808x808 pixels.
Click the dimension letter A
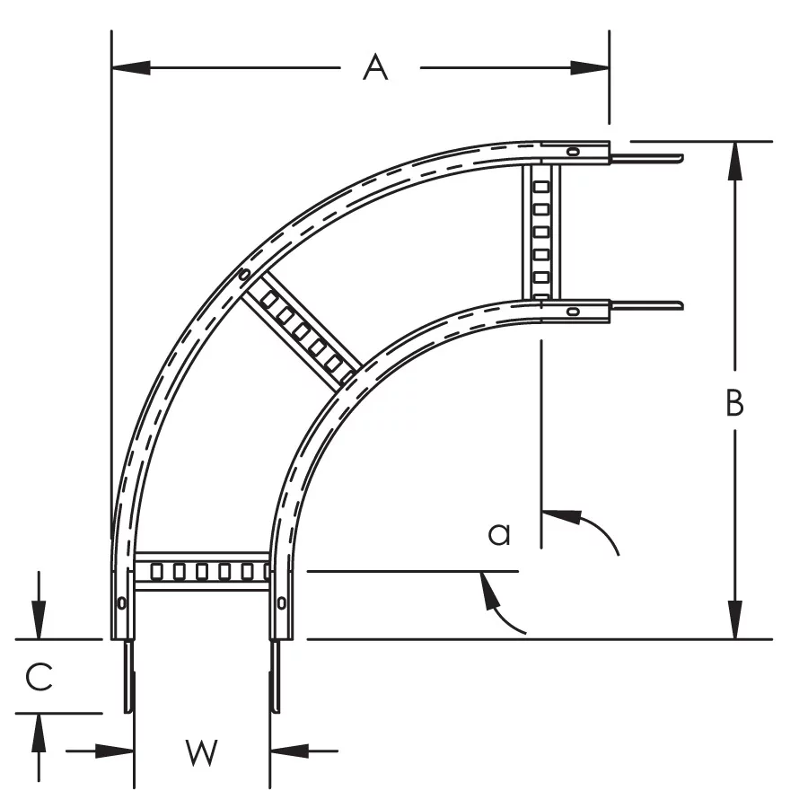pyautogui.click(x=374, y=67)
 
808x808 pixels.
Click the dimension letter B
pyautogui.click(x=734, y=403)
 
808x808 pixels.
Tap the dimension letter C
pyautogui.click(x=40, y=677)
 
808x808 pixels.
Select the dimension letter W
pyautogui.click(x=201, y=752)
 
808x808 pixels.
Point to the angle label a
pyautogui.click(x=499, y=534)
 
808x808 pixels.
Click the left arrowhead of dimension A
pyautogui.click(x=131, y=67)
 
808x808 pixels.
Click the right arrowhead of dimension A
pyautogui.click(x=590, y=67)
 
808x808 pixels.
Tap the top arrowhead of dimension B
pyautogui.click(x=735, y=161)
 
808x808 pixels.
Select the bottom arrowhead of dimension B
pyautogui.click(x=735, y=619)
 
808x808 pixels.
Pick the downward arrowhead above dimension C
pyautogui.click(x=39, y=619)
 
